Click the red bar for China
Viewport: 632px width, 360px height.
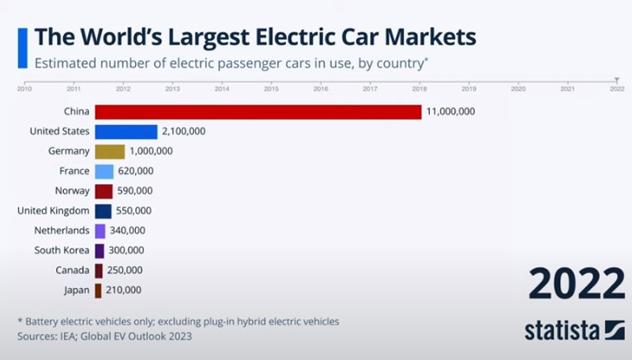[258, 112]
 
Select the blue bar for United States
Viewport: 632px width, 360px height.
[126, 132]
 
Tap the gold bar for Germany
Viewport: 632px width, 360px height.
[110, 152]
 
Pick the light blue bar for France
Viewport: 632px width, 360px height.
[104, 171]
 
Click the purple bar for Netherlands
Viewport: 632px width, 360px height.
[100, 231]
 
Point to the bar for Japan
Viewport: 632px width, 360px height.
[98, 291]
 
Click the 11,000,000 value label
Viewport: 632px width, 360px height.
[451, 112]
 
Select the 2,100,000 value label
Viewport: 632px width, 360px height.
[183, 132]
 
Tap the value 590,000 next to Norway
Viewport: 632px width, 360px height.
[135, 191]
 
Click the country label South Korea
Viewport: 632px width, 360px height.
[62, 250]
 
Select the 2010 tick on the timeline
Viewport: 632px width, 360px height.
[24, 88]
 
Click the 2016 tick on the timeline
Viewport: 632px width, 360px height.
[321, 88]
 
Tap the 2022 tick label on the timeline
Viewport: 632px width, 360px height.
[617, 88]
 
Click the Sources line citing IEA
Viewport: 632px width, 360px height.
[104, 336]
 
